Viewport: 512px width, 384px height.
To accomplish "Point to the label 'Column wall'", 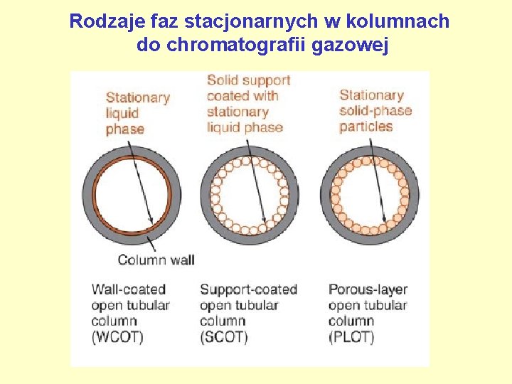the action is coord(156,260).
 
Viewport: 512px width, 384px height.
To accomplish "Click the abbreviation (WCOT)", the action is coord(117,337).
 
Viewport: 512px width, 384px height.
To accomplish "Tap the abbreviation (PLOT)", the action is coord(351,337).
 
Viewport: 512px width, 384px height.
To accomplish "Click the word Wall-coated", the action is coord(128,289).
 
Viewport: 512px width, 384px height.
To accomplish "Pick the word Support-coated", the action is coord(248,289).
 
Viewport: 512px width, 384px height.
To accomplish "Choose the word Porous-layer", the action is coord(368,289).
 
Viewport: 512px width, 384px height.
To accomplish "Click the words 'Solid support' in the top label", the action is coord(248,80).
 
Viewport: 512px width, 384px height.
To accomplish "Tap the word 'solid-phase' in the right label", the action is coord(375,111).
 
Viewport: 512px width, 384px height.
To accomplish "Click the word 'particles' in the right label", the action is coord(366,127).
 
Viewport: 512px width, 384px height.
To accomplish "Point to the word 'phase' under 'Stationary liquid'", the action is coord(124,129).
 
